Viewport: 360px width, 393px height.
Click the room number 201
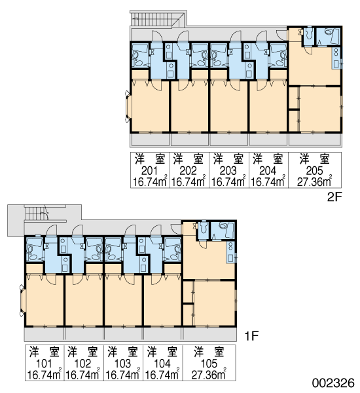coord(149,171)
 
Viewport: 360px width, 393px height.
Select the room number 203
coord(228,171)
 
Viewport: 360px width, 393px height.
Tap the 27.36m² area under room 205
coord(315,181)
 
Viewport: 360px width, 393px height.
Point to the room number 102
coord(83,364)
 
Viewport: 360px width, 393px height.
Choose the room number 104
coord(162,364)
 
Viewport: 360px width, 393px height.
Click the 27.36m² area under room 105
coord(209,375)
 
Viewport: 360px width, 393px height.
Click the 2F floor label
coord(334,197)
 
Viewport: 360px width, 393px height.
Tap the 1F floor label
coord(251,336)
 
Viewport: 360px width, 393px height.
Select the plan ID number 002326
coord(333,383)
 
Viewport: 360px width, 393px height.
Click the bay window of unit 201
coord(128,107)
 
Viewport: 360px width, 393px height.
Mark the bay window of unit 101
coord(22,300)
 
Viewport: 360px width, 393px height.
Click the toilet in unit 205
coord(309,34)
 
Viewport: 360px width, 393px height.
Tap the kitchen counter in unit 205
coord(336,58)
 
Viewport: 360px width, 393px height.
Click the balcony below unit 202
coord(190,140)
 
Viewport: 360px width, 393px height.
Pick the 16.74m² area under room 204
coord(268,181)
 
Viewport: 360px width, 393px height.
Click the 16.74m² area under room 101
coord(45,375)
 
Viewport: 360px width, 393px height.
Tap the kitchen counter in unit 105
coord(230,252)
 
